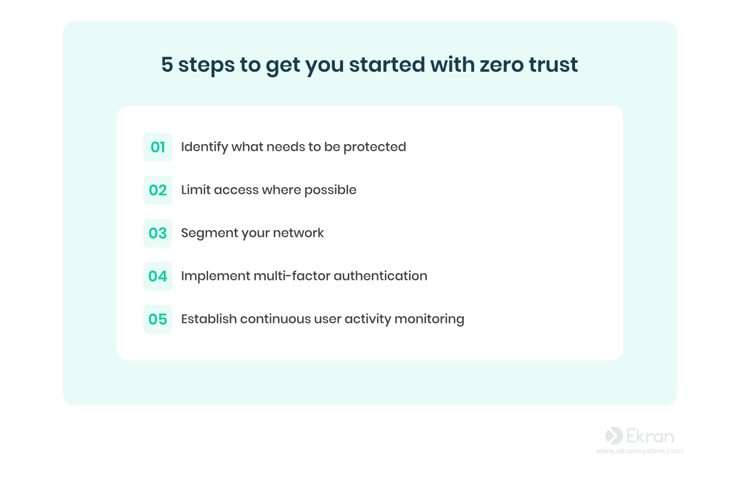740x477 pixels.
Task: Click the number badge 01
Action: coord(158,147)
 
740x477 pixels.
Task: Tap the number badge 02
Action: coord(158,190)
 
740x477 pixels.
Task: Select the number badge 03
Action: coord(158,233)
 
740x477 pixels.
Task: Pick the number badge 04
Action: coord(158,276)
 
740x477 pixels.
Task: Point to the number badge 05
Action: coord(158,319)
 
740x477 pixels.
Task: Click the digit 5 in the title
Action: coord(167,64)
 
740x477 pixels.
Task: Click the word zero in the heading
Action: coord(502,65)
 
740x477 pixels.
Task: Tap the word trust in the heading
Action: coord(554,64)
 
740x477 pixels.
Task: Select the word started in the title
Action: coord(387,64)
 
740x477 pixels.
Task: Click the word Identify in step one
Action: coord(204,147)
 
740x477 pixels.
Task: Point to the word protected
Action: coord(375,147)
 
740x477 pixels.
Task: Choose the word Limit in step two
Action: coord(196,190)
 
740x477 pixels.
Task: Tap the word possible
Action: coord(331,190)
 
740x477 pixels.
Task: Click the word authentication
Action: coord(380,276)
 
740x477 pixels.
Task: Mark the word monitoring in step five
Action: coord(429,319)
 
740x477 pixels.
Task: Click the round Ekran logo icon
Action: coord(614,435)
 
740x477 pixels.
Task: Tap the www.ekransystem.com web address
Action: coord(640,451)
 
